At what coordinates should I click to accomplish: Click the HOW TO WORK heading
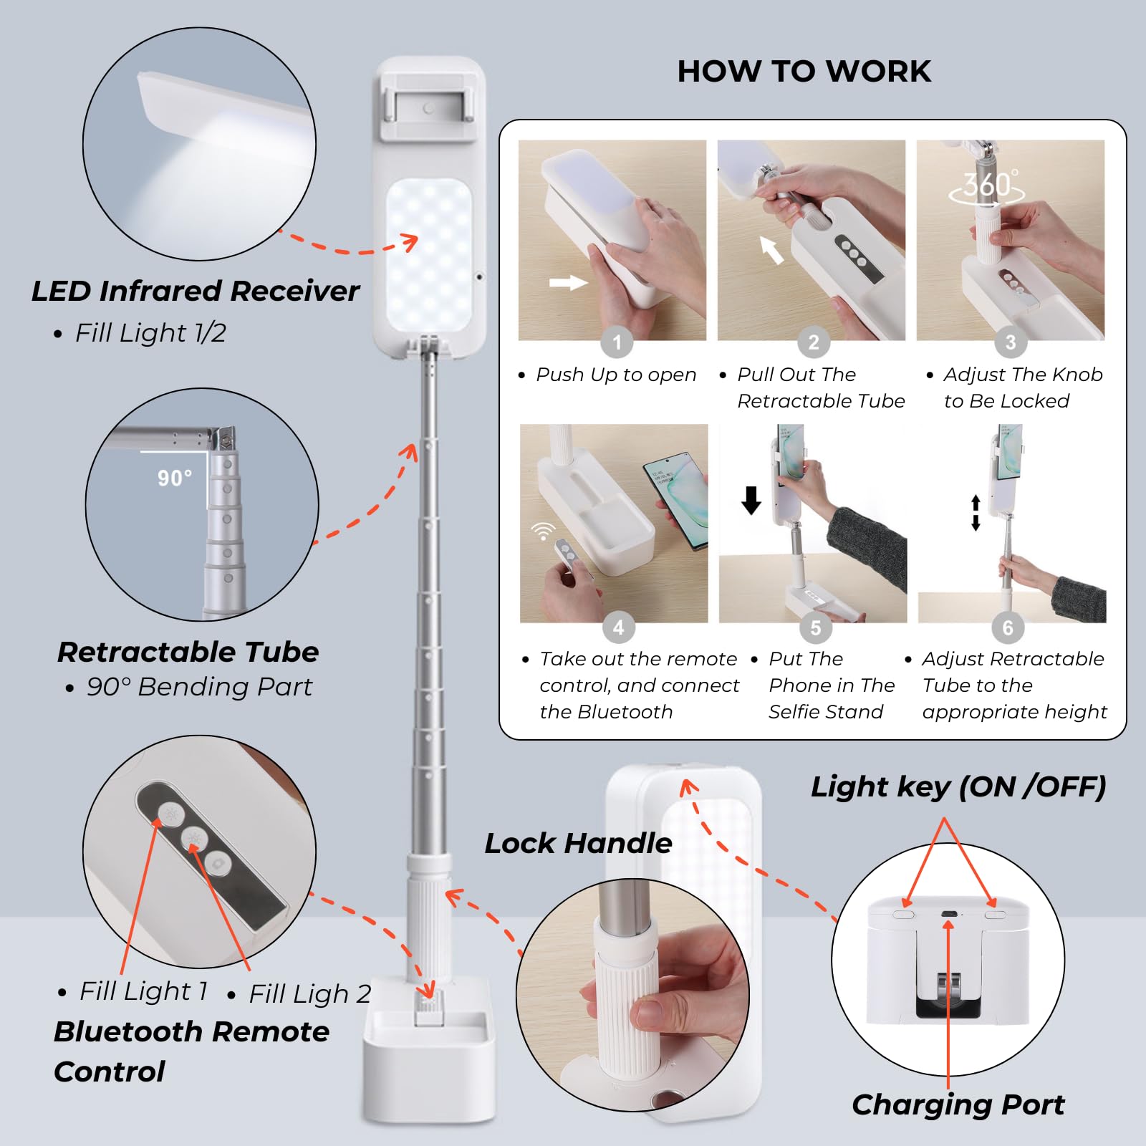[x=804, y=72]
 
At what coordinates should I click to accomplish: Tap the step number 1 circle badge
[x=617, y=342]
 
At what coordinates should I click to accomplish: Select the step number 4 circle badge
[x=618, y=627]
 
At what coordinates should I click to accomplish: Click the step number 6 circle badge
[x=1008, y=627]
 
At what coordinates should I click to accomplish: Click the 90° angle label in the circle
[x=175, y=478]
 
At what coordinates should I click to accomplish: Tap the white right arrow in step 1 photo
[x=568, y=283]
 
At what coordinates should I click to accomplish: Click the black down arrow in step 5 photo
[x=751, y=500]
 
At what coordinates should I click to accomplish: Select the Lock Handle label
[x=578, y=843]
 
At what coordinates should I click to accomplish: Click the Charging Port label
[x=958, y=1104]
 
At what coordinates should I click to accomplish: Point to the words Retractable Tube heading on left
[x=188, y=652]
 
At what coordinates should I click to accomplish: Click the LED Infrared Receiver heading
[x=195, y=291]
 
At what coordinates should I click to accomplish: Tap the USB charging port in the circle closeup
[x=948, y=915]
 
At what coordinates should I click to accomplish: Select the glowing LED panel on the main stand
[x=428, y=254]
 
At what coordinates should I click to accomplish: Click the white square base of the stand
[x=428, y=1067]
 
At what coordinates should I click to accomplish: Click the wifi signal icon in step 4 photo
[x=544, y=531]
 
